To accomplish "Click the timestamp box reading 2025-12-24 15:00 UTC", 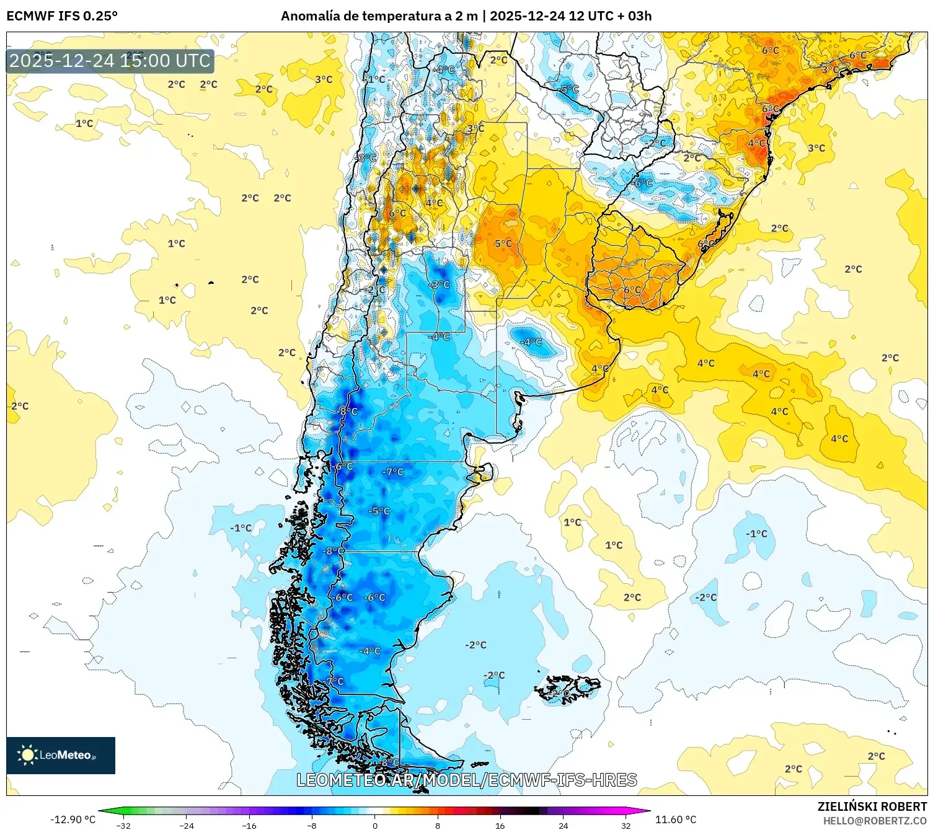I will point(110,61).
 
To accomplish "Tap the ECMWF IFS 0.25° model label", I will point(61,16).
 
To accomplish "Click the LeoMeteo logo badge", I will point(60,755).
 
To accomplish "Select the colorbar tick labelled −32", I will point(123,825).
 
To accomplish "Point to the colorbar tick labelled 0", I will point(374,825).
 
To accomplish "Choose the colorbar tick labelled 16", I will point(500,825).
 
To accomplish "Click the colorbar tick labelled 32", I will point(626,825).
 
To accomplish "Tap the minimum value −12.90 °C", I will point(73,819).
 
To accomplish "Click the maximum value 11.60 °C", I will point(676,819).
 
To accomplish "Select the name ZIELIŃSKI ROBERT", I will point(872,806).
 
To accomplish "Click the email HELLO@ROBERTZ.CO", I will point(875,821).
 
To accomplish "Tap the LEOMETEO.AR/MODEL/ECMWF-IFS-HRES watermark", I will point(466,780).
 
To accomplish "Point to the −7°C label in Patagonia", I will point(392,472).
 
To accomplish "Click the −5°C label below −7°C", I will point(379,511).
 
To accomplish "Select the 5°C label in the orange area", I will point(503,244).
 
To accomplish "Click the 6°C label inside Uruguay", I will point(632,289).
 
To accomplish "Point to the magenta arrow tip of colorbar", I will point(647,811).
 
